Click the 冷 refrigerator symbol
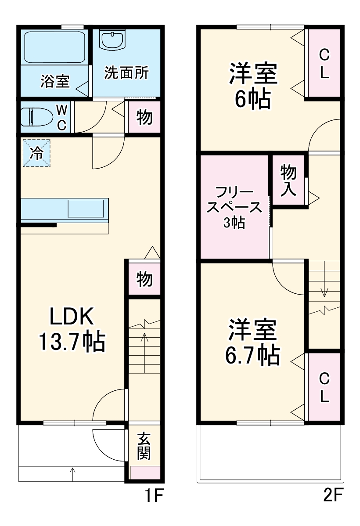pos(37,153)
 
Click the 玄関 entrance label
pos(144,447)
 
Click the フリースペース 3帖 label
pos(235,207)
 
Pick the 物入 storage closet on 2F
pos(288,180)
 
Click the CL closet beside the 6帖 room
pos(324,64)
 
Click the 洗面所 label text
pos(126,73)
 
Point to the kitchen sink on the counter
pos(87,208)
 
